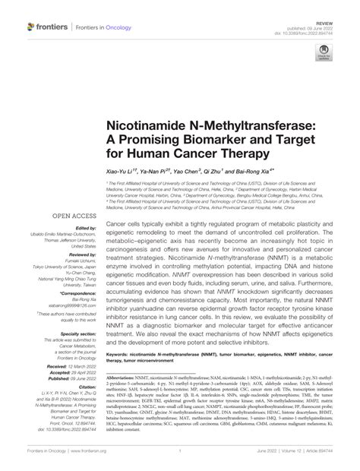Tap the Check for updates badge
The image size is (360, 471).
(324, 55)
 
